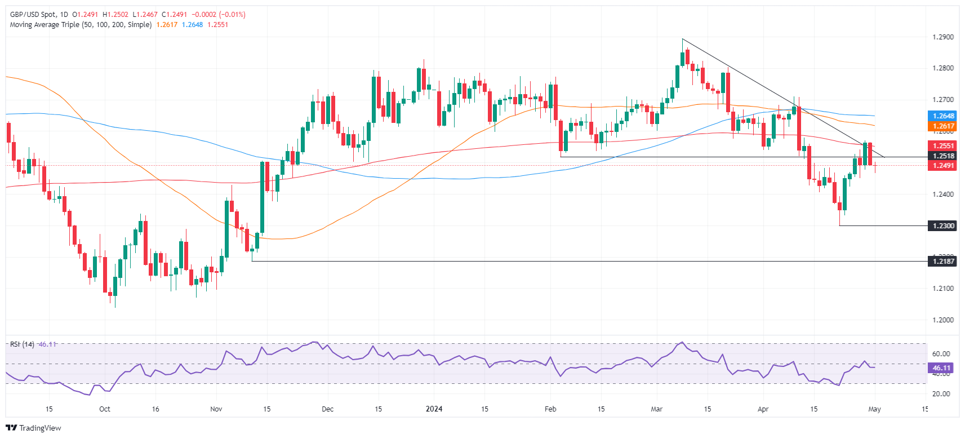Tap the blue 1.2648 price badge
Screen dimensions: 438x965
943,116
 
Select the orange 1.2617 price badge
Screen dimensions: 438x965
943,126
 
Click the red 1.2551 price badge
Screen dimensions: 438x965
943,145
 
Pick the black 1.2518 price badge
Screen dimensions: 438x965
943,156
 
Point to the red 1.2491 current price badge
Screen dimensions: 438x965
943,166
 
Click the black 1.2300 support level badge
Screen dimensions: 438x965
943,225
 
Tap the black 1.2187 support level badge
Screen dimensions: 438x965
943,261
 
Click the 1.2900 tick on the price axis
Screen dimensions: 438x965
943,37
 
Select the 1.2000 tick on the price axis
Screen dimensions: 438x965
943,320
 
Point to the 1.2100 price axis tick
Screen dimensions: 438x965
943,288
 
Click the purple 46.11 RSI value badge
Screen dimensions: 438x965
941,368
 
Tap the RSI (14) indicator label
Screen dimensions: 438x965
22,344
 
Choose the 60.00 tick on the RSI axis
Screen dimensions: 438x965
941,354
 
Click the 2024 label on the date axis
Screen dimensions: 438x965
434,409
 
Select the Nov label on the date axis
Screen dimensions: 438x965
216,409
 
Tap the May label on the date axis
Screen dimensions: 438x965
874,409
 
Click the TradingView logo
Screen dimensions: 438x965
33,428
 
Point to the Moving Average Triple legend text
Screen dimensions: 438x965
81,25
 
